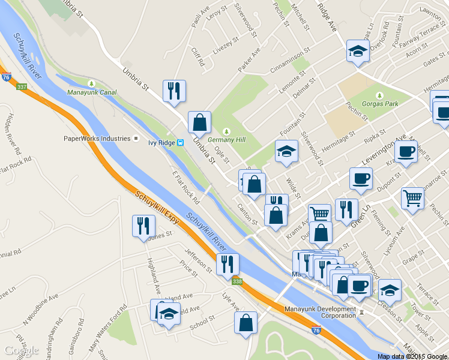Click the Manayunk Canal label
point(91,92)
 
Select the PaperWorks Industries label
point(97,139)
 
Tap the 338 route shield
point(238,281)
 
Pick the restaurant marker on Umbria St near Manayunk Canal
point(174,92)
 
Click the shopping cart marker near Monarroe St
point(413,197)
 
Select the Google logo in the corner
point(22,350)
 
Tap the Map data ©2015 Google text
point(412,356)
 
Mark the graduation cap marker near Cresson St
point(390,290)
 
